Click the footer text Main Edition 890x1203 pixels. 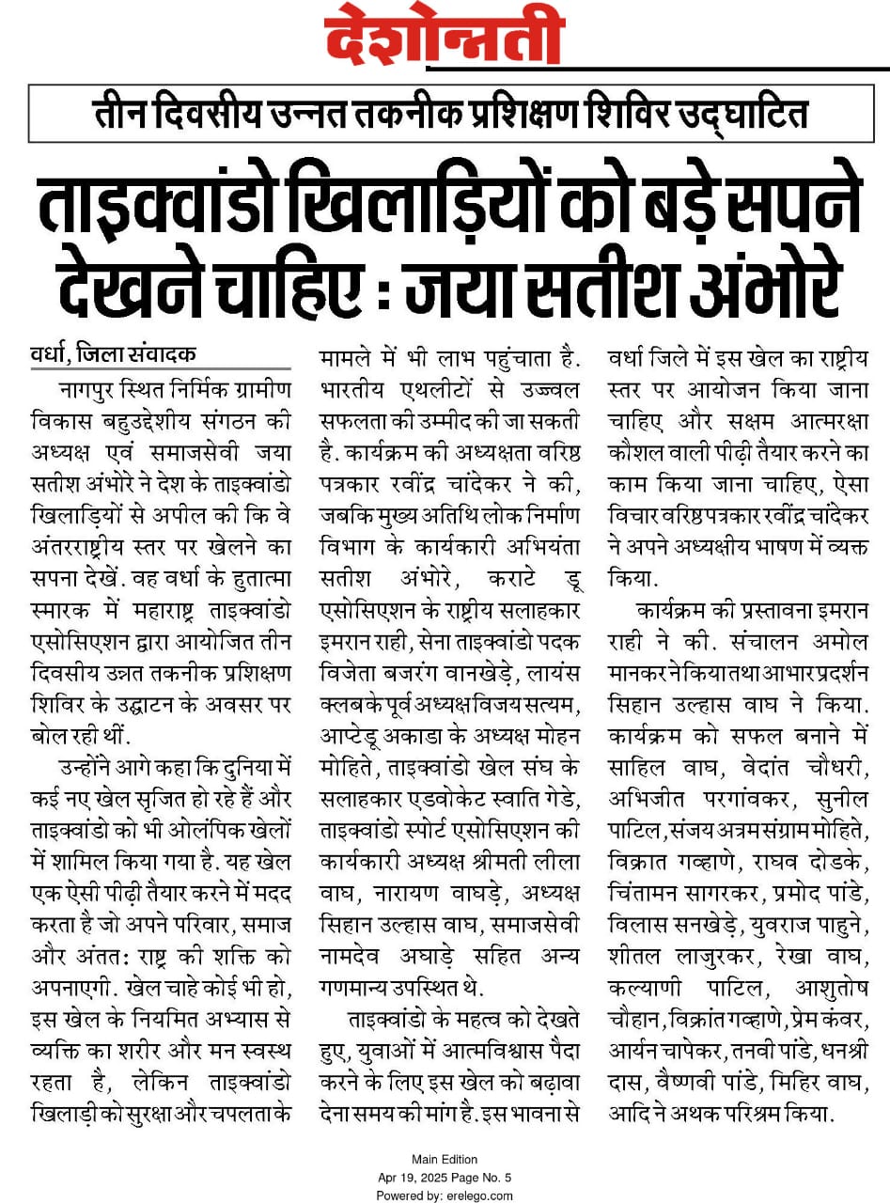click(445, 1159)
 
